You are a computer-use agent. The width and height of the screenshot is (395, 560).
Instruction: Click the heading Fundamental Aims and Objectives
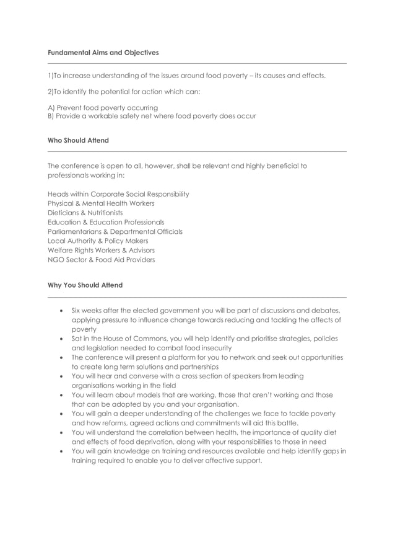pos(103,53)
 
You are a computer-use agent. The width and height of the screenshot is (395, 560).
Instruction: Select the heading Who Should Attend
pos(78,141)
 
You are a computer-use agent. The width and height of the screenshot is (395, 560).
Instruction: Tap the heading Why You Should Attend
pos(85,285)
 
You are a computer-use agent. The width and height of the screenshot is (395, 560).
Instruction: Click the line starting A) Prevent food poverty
pos(103,108)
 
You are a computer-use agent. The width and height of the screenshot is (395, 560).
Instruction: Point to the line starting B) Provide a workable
pos(152,117)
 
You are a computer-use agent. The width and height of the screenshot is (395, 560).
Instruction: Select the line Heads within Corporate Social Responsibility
pos(118,194)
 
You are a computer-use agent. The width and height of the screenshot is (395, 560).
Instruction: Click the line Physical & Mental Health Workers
pos(101,203)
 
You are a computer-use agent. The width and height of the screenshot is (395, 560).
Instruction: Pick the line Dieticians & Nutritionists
pos(85,213)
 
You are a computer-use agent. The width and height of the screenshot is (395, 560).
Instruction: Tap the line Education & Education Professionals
pos(106,222)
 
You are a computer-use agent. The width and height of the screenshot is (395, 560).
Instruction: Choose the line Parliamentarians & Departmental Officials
pos(115,232)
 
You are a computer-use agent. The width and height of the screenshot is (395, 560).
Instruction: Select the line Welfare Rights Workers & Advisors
pos(101,251)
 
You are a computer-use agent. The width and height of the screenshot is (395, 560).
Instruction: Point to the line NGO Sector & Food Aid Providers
pos(101,260)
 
